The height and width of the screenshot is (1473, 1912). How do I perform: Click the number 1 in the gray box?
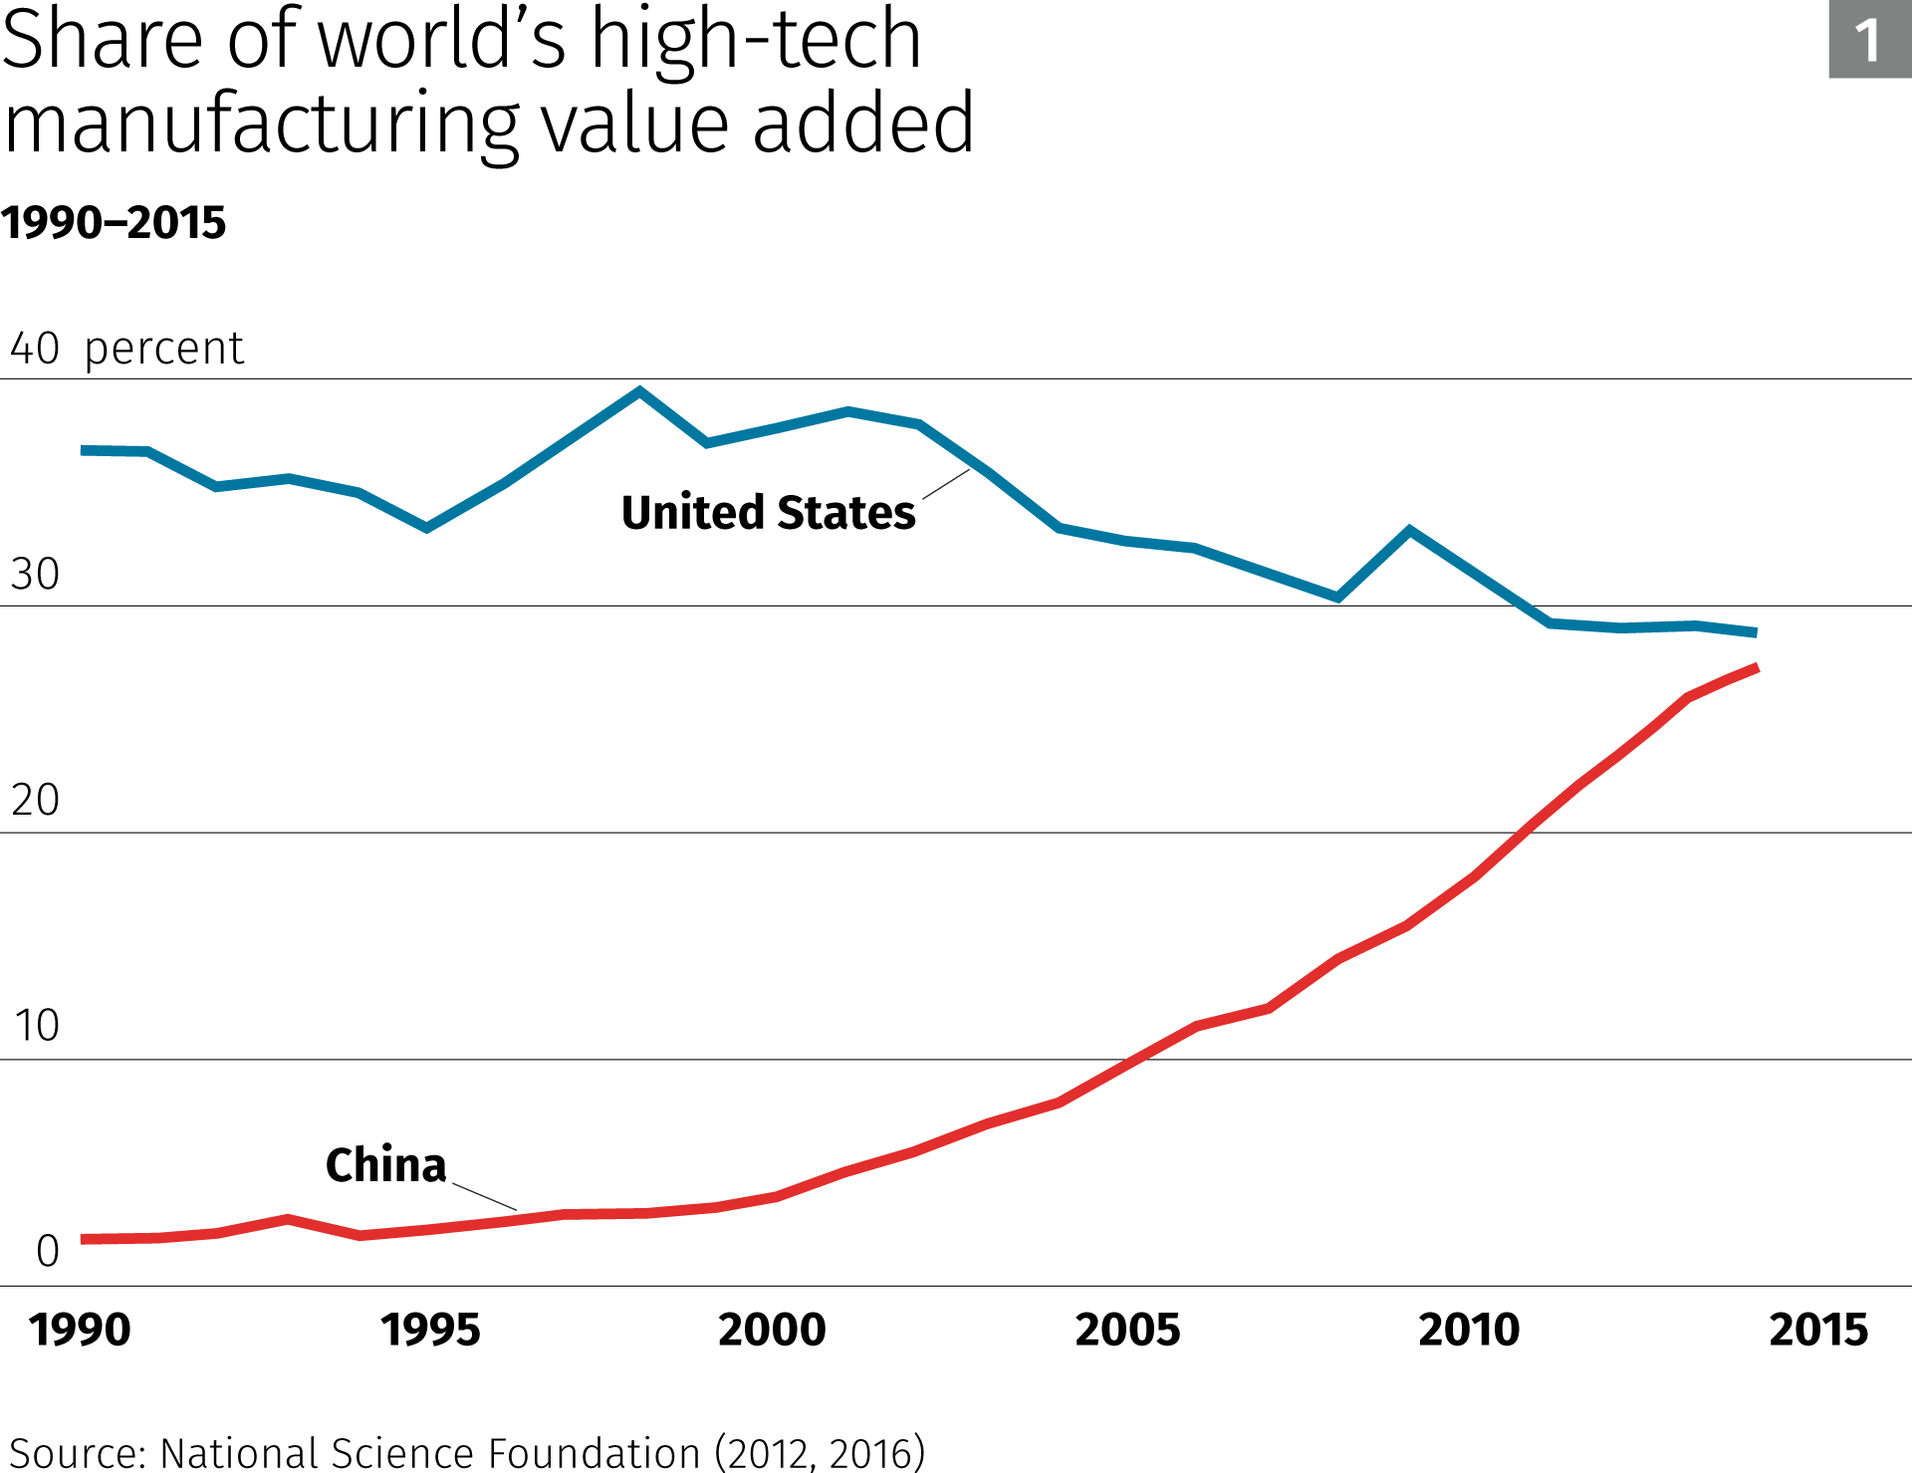tap(1868, 40)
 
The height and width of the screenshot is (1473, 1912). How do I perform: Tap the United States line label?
tap(768, 513)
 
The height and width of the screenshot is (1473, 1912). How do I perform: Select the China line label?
tap(385, 1164)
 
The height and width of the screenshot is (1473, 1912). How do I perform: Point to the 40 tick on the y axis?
tap(35, 349)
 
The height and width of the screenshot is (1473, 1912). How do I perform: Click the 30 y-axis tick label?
tap(35, 575)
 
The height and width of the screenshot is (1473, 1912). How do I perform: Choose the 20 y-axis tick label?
tap(35, 801)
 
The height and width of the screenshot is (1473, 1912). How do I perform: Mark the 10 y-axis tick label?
tap(37, 1026)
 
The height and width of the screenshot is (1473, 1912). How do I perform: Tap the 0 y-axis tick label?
tap(48, 1252)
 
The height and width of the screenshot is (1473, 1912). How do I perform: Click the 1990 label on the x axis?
tap(80, 1331)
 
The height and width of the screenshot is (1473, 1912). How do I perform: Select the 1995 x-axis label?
tap(430, 1331)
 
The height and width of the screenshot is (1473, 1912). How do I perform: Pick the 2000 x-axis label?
tap(772, 1331)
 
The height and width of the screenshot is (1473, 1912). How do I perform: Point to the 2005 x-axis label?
tap(1127, 1331)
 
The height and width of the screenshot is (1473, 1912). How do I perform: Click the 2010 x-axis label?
tap(1469, 1331)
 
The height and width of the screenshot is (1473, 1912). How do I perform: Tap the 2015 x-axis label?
tap(1818, 1331)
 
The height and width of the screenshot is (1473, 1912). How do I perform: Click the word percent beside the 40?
tap(164, 350)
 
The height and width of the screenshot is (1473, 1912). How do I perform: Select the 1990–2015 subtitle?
tap(114, 222)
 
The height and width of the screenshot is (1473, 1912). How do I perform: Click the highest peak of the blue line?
tap(639, 391)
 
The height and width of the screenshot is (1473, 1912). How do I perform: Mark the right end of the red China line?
tap(1757, 667)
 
